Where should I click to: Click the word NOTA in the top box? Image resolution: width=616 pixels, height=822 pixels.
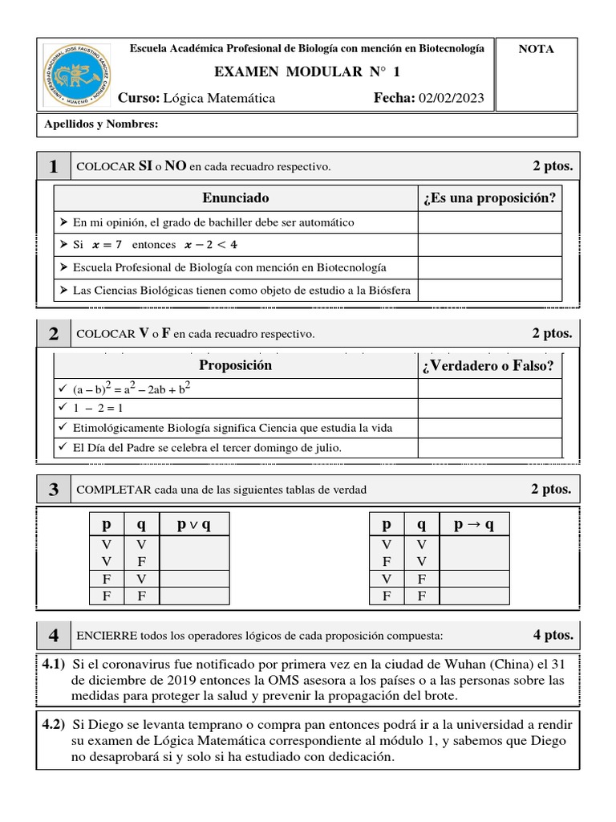tap(536, 49)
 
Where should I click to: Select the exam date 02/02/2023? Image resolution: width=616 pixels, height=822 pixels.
tap(452, 98)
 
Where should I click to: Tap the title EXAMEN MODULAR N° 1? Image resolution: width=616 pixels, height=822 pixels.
tap(307, 72)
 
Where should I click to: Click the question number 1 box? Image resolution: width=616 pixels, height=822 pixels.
tap(53, 166)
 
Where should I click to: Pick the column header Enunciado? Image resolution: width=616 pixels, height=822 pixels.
tap(235, 197)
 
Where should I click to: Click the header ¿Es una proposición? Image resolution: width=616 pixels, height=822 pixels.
tap(489, 198)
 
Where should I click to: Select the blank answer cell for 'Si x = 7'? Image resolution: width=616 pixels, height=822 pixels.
tap(489, 244)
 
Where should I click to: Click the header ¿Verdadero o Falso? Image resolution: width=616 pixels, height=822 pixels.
tap(489, 367)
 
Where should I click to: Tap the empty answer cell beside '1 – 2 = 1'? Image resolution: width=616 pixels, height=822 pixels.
tap(489, 408)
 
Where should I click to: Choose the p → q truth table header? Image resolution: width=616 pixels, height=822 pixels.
tap(474, 525)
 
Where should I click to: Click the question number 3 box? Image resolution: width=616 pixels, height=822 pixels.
tap(53, 490)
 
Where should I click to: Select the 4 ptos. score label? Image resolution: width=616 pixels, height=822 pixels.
tap(553, 635)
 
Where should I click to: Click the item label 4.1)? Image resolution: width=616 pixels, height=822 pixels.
tap(53, 664)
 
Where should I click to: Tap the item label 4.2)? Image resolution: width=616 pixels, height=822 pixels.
tap(53, 724)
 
